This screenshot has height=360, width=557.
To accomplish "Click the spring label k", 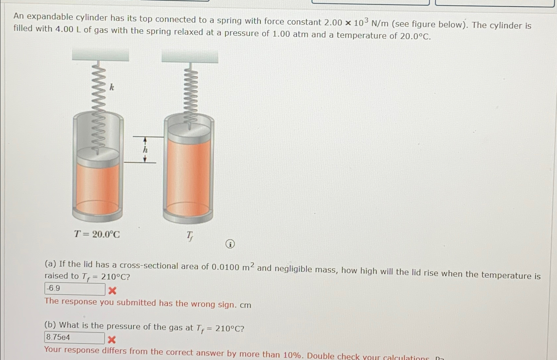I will [112, 87].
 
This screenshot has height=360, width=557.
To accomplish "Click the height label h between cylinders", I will [145, 150].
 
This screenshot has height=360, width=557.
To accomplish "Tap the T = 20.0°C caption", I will [97, 234].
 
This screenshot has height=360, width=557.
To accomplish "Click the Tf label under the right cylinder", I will [190, 236].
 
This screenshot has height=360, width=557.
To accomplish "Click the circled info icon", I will [230, 244].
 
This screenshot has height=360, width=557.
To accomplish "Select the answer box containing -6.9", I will [75, 289].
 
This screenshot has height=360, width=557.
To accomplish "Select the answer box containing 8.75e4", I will [74, 338].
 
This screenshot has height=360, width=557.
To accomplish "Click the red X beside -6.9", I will [112, 291].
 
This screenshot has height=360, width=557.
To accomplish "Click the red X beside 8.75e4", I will [112, 340].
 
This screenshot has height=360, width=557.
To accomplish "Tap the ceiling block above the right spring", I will [190, 56].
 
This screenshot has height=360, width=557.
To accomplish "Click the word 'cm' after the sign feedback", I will [245, 305].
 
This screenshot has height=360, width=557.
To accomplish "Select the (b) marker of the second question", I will [50, 325].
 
